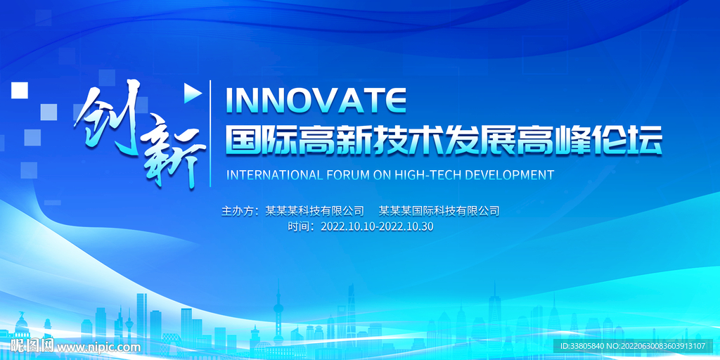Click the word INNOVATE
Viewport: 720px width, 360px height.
point(314,101)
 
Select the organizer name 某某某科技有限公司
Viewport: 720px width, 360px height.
point(315,210)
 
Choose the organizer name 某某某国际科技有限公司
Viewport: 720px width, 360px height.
point(439,210)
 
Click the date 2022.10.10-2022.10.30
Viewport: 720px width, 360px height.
point(377,226)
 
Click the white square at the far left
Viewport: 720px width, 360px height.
point(19,90)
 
